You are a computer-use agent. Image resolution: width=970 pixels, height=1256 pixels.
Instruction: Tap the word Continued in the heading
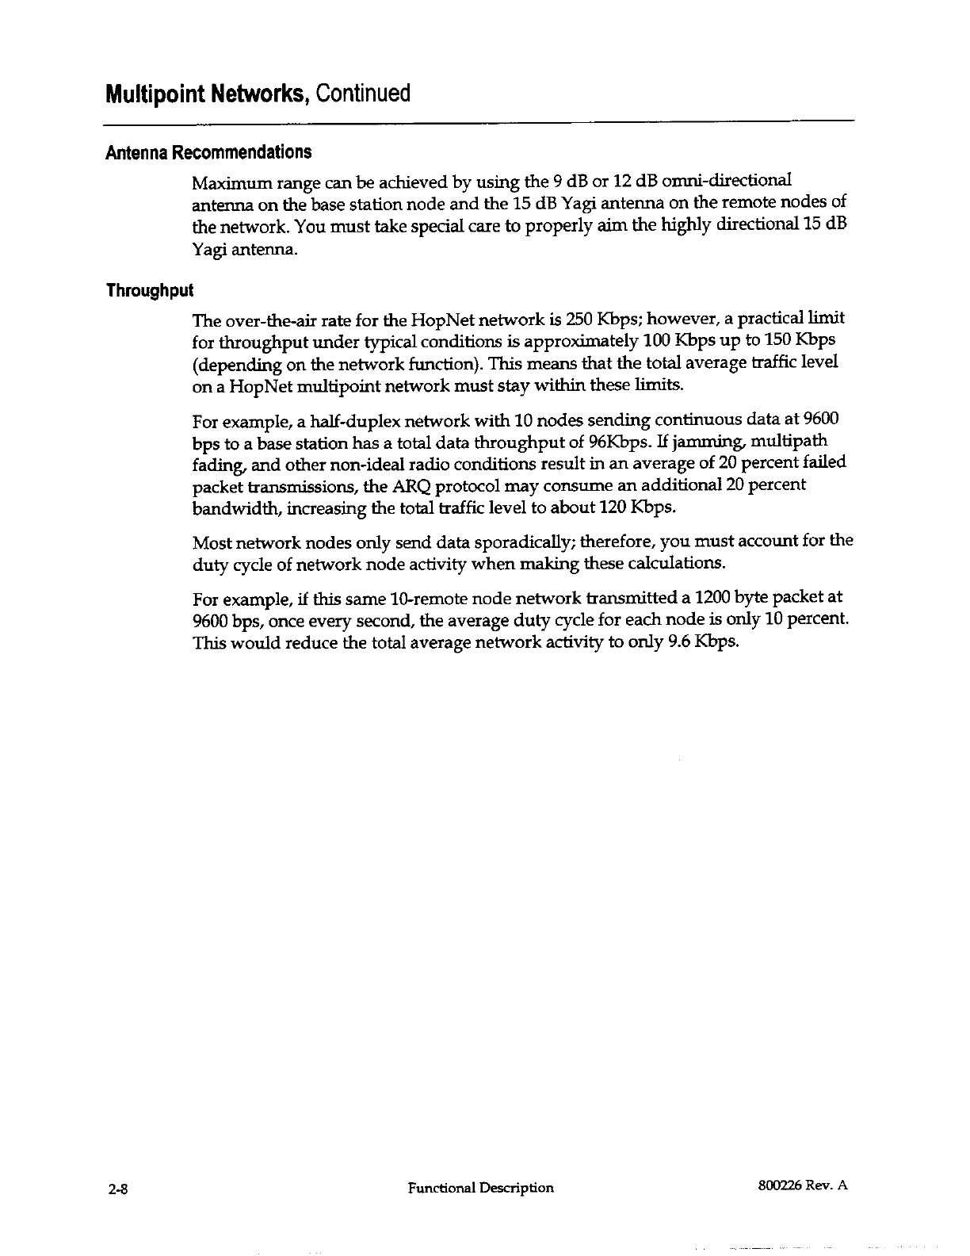363,94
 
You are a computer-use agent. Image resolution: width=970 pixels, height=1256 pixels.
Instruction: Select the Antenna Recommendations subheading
208,152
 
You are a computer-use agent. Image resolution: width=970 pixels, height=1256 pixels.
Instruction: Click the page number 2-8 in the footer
118,1188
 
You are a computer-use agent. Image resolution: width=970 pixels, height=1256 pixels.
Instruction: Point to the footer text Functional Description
480,1188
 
